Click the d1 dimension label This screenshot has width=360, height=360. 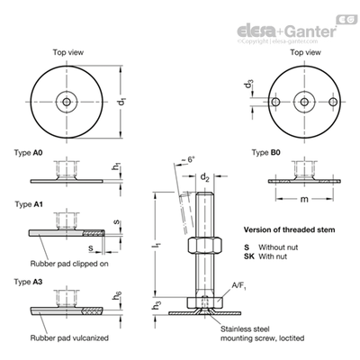(x=121, y=102)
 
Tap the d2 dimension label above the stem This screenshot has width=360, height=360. (x=204, y=177)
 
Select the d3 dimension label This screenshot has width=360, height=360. (x=249, y=84)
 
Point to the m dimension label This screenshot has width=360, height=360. (x=304, y=199)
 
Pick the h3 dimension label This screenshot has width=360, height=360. (x=157, y=305)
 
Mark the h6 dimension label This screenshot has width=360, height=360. (x=117, y=295)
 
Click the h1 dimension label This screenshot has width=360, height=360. (x=116, y=166)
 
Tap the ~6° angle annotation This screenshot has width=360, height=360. (x=188, y=160)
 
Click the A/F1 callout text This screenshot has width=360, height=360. (x=238, y=285)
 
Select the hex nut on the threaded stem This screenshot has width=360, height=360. (x=205, y=246)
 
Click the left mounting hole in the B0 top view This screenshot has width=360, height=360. (x=275, y=102)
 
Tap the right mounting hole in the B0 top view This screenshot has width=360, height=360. (x=333, y=102)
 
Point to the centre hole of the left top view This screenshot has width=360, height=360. (x=67, y=102)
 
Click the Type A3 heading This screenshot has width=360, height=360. (x=28, y=282)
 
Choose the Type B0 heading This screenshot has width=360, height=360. (x=266, y=153)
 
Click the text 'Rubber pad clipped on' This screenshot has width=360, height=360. (x=69, y=264)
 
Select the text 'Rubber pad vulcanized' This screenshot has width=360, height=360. (x=69, y=338)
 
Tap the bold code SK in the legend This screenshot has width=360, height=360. (x=248, y=256)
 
